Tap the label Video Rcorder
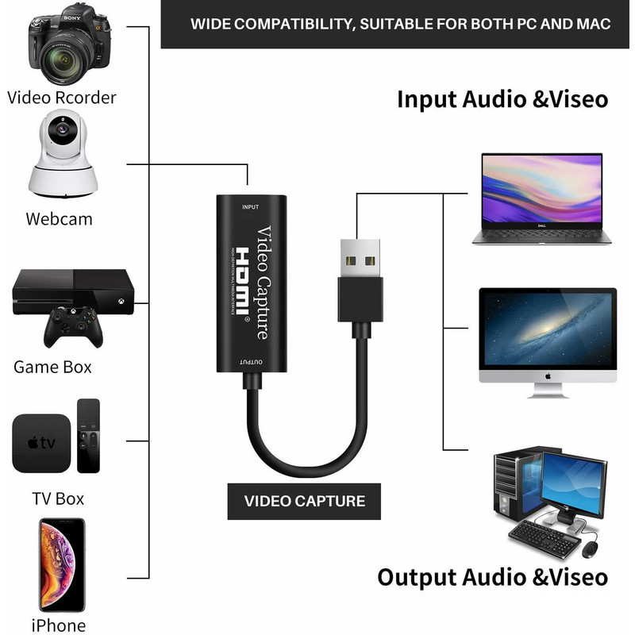pos(62,98)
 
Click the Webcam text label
pos(59,218)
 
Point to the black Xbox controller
pos(73,326)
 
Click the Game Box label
pos(52,367)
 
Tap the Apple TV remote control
pos(88,436)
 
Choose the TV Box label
pos(58,498)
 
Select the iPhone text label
pos(58,625)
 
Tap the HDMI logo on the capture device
pos(246,282)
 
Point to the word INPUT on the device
pos(250,207)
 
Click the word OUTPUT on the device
pos(251,360)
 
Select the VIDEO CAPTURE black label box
pos(304,501)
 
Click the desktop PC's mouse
pos(590,549)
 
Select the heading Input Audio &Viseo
pos(502,100)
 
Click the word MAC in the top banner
pos(591,24)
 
